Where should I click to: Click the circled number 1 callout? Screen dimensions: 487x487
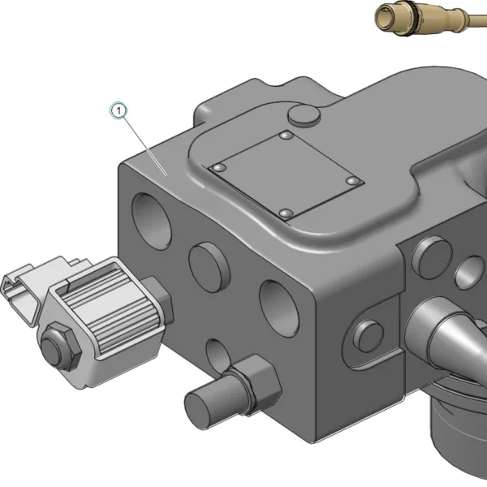[x=119, y=110]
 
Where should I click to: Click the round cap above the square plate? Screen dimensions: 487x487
[x=304, y=115]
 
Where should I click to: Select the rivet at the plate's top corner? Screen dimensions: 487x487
[x=287, y=136]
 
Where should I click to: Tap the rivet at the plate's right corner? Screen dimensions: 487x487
[x=353, y=181]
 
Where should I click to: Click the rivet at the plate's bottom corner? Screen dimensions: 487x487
[x=286, y=213]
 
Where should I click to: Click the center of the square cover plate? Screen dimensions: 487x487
[x=286, y=175]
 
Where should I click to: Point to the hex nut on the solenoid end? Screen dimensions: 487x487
[x=60, y=346]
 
